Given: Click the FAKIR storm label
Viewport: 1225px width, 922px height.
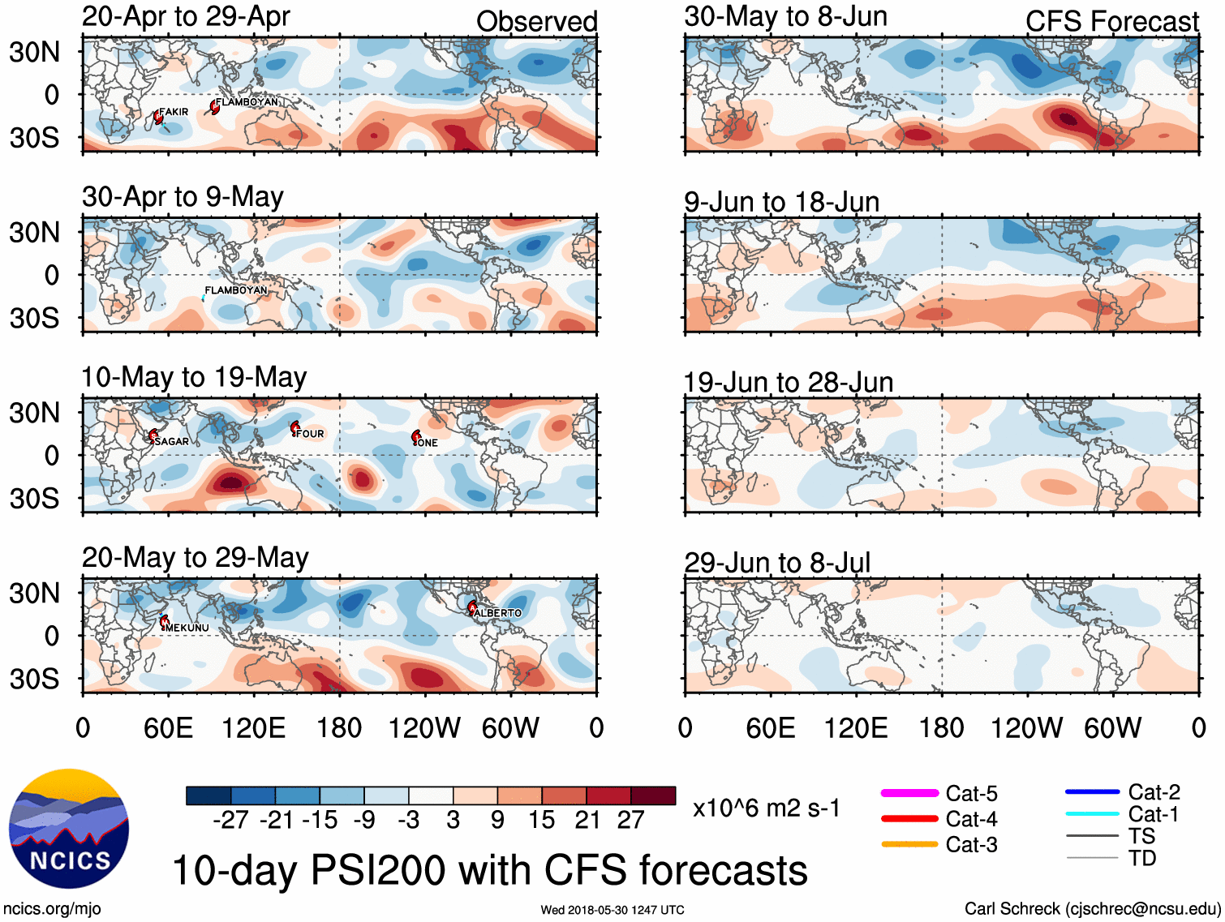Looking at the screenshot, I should pyautogui.click(x=174, y=112).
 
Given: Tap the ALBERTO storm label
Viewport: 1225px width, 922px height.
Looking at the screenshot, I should pyautogui.click(x=498, y=613).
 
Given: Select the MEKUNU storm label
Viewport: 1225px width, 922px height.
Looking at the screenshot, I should pyautogui.click(x=187, y=628).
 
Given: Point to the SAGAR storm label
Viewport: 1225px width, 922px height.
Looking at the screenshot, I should pyautogui.click(x=171, y=441).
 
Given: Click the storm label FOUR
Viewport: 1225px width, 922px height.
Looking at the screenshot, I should pyautogui.click(x=310, y=434).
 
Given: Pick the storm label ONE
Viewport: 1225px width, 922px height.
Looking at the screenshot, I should pyautogui.click(x=428, y=443).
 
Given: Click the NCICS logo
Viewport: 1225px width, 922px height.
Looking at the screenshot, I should pyautogui.click(x=69, y=828).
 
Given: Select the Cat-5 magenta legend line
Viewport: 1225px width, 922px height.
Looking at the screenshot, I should pyautogui.click(x=909, y=793).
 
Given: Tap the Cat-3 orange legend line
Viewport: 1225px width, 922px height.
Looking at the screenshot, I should pyautogui.click(x=909, y=844).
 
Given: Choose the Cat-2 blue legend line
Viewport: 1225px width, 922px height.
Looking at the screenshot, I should pyautogui.click(x=1092, y=791).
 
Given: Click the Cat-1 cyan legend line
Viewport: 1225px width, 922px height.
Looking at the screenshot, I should pyautogui.click(x=1092, y=813).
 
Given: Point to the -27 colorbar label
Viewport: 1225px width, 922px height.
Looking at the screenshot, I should pyautogui.click(x=230, y=821).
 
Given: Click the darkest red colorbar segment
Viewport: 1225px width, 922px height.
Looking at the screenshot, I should pyautogui.click(x=653, y=795).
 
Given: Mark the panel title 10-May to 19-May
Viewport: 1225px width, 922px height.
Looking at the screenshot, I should pyautogui.click(x=194, y=377).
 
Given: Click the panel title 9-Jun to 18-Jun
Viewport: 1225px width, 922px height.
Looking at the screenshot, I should pyautogui.click(x=781, y=202).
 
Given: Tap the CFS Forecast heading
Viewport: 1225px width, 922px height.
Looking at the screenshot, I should pyautogui.click(x=1111, y=22).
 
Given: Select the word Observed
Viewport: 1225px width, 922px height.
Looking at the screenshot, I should pyautogui.click(x=536, y=22).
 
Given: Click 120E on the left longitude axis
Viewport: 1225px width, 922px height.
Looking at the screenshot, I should pyautogui.click(x=253, y=728).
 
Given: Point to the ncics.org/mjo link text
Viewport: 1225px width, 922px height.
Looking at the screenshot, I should pyautogui.click(x=52, y=909).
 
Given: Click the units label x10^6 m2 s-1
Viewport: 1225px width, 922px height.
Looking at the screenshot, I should pyautogui.click(x=766, y=808).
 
